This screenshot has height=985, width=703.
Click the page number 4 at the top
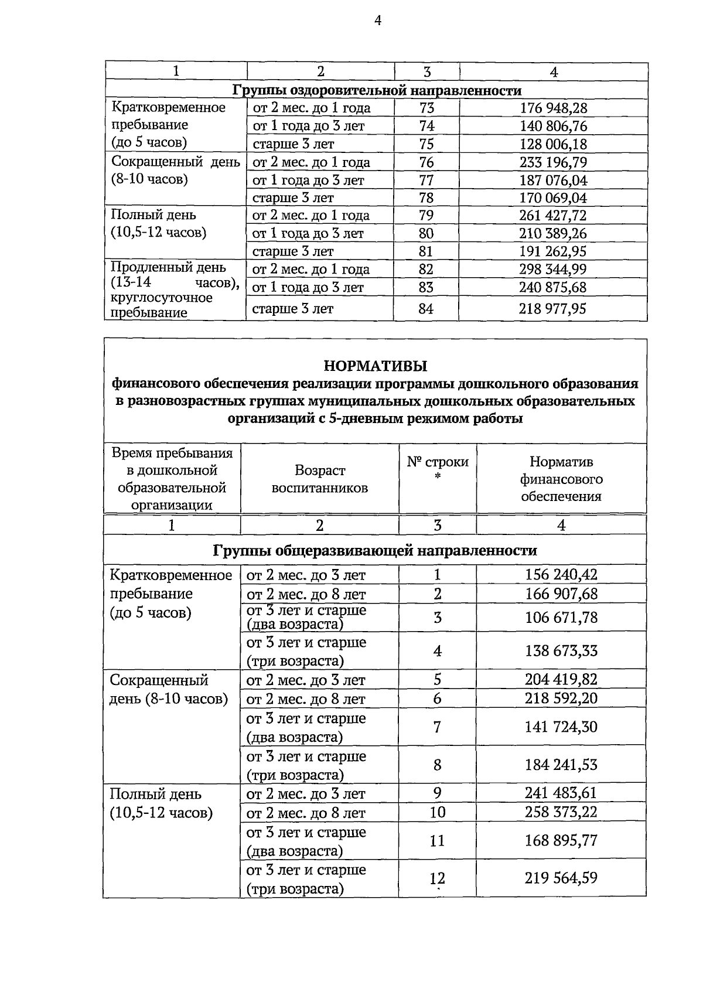click(x=377, y=21)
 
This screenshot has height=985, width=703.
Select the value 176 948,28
click(x=553, y=108)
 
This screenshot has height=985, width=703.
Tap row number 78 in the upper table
click(x=426, y=198)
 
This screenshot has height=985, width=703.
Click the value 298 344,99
click(x=552, y=270)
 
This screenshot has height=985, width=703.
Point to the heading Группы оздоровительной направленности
click(x=377, y=90)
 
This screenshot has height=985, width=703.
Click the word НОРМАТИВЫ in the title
click(x=376, y=366)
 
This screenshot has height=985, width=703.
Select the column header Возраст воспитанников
click(x=319, y=479)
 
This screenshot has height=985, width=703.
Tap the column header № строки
click(x=438, y=462)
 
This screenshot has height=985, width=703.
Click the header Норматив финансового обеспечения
click(x=561, y=479)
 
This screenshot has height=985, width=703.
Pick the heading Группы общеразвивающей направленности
click(x=375, y=551)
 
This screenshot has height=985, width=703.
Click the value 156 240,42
click(x=561, y=575)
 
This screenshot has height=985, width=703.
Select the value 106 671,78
click(x=561, y=618)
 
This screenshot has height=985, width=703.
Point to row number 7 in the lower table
click(x=437, y=727)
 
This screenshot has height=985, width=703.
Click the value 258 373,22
click(x=561, y=812)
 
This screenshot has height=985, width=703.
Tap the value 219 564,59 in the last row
click(x=561, y=878)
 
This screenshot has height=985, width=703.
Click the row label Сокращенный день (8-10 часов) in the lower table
click(x=168, y=690)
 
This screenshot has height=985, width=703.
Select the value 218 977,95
click(x=552, y=309)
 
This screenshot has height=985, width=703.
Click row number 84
click(x=426, y=309)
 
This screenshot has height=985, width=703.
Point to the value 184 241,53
click(x=561, y=765)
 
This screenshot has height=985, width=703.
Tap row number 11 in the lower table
click(x=437, y=841)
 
